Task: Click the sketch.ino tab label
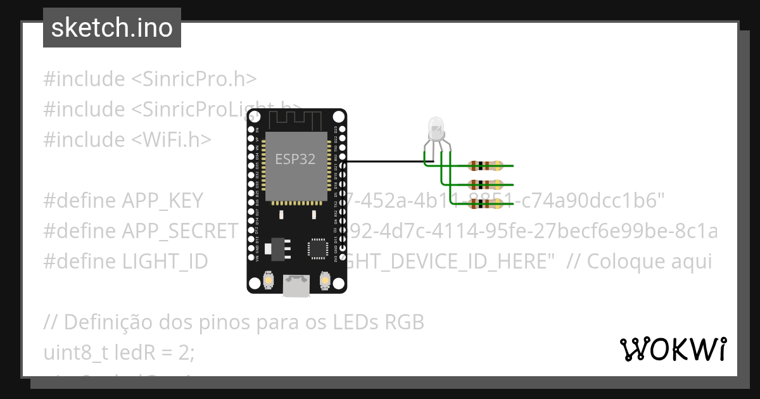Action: tap(112, 28)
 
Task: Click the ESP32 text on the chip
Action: tap(294, 159)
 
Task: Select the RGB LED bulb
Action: tap(436, 129)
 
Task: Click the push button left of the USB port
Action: tap(269, 280)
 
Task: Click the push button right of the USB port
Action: tap(326, 280)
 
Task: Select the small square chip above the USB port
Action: tap(317, 248)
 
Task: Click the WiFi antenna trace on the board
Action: tap(296, 119)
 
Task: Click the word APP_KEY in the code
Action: tap(162, 201)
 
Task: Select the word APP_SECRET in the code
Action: tap(180, 231)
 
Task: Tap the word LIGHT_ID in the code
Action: tap(165, 262)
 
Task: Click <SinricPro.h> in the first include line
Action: tap(194, 79)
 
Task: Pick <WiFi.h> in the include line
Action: tap(171, 139)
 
